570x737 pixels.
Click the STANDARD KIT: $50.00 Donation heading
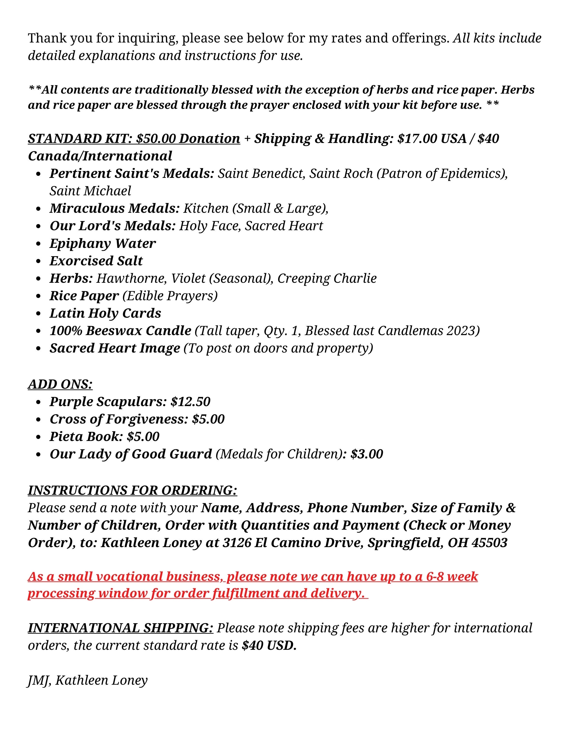(x=134, y=139)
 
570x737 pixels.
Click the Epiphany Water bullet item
(x=103, y=243)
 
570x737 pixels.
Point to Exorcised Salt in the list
(x=96, y=261)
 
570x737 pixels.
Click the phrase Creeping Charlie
(x=327, y=278)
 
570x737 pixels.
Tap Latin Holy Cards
(x=105, y=313)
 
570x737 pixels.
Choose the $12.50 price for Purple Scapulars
(x=190, y=402)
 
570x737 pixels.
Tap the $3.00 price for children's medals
(x=367, y=454)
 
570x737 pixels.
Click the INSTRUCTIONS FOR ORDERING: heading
(x=132, y=490)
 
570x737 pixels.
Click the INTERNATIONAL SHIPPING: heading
(x=120, y=628)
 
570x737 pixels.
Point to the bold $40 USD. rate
(x=269, y=646)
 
